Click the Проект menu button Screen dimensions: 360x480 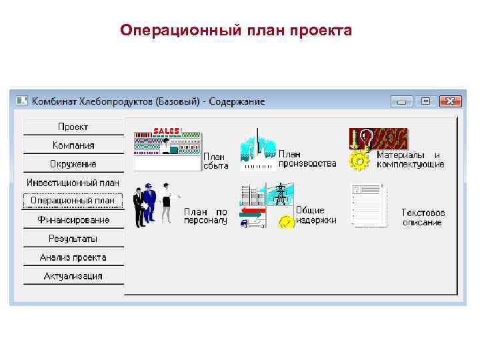coord(73,127)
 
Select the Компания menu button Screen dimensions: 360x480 coord(73,145)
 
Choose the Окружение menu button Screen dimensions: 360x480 coord(73,164)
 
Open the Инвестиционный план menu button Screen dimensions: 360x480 coord(73,182)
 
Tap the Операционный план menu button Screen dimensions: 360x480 coord(73,200)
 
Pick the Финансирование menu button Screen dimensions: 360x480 coord(73,219)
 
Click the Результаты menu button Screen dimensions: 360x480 coord(73,238)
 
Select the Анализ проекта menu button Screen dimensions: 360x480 coord(73,257)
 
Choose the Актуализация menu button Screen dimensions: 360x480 coord(73,275)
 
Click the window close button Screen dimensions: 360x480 coord(451,101)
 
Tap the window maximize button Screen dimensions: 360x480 coord(425,101)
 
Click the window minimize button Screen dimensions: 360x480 coord(402,101)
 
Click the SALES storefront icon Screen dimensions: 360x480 coord(167,149)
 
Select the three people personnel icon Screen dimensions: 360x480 coord(153,204)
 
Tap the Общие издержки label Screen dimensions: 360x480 coord(316,215)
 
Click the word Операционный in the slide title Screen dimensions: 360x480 coord(177,31)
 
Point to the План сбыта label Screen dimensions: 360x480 coord(215,161)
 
